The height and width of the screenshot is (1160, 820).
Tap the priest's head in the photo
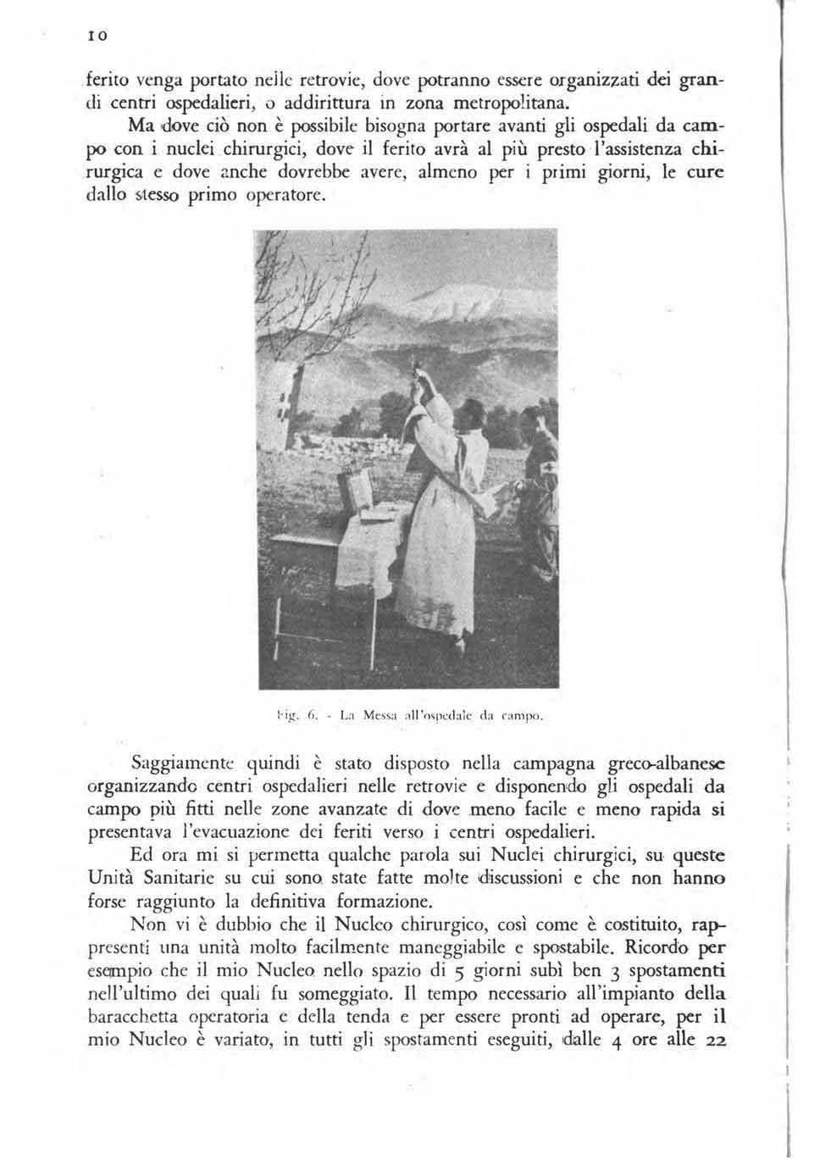(x=467, y=419)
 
